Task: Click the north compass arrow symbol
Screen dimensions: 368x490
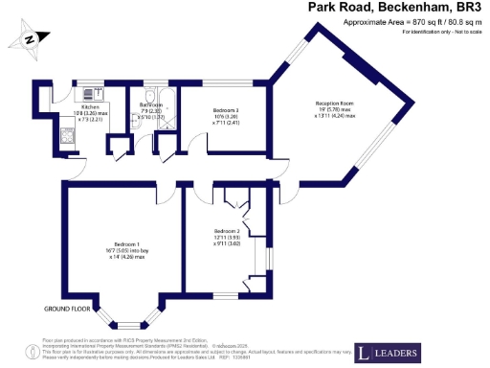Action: coord(29,37)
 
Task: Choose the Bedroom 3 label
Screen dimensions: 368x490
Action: coord(225,111)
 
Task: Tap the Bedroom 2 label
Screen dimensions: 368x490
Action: coord(227,231)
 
